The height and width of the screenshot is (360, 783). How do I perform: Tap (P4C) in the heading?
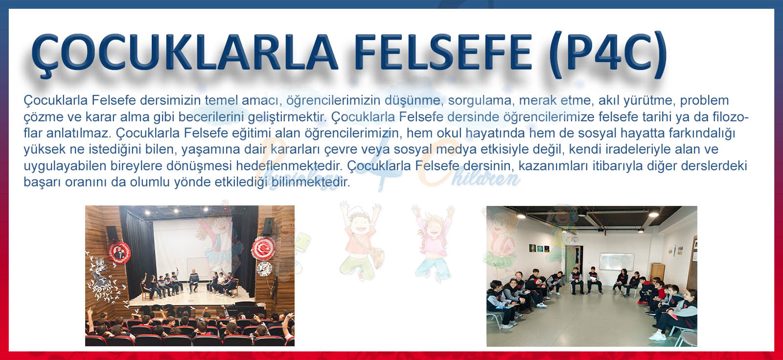pos(609,54)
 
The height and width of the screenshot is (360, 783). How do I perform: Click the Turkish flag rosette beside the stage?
pos(263,248)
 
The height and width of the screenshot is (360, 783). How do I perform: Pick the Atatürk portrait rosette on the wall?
pos(119,252)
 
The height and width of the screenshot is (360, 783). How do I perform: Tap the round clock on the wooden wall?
pos(265,269)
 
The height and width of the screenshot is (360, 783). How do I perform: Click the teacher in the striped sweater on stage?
pos(193,281)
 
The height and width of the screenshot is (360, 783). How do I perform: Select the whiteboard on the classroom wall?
pos(617,262)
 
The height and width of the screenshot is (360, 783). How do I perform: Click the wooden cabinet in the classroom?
pos(657,271)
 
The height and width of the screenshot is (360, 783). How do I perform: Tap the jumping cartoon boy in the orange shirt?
pos(361,241)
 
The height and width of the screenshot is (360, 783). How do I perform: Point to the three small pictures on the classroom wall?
pos(538,248)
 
